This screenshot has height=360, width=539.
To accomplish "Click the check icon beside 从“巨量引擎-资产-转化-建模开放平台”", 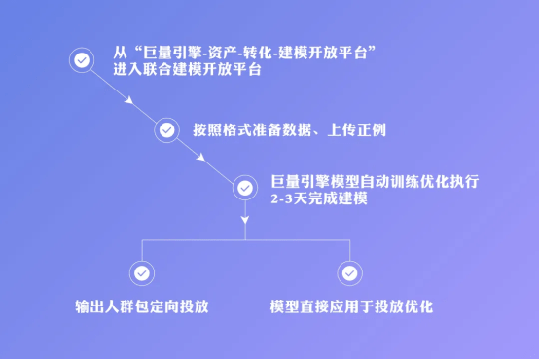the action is (x=80, y=59).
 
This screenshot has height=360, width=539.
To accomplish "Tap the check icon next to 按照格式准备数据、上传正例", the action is (x=166, y=129).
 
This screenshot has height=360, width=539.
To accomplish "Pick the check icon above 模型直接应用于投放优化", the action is (x=348, y=273).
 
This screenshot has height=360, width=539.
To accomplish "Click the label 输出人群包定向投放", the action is (x=141, y=306).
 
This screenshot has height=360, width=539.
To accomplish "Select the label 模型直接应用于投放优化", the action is (x=350, y=306).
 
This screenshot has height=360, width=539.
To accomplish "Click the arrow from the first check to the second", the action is (x=124, y=94).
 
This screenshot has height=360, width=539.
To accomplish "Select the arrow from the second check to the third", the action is (x=205, y=159).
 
